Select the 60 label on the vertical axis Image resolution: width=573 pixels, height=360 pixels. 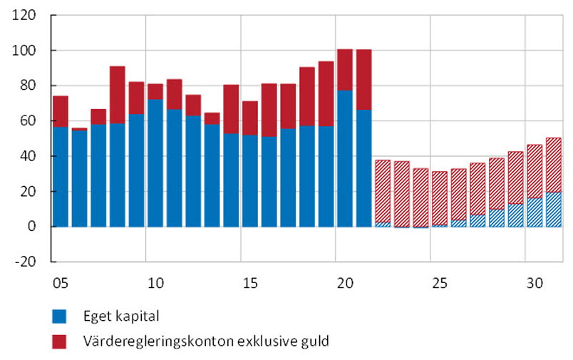[29, 120]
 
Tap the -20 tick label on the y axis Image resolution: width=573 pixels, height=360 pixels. [27, 262]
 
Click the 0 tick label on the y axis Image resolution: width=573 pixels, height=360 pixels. [33, 227]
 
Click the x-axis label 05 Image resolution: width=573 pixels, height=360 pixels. [60, 284]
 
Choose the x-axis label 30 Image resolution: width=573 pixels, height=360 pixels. [534, 284]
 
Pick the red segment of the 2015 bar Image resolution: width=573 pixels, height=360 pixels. [250, 118]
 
